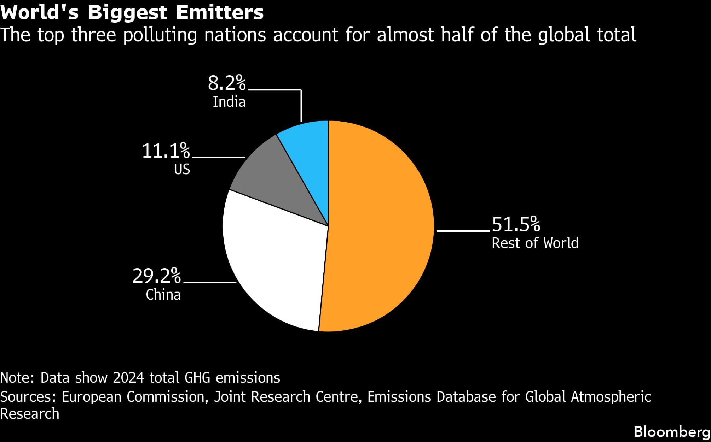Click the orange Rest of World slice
pos(378,226)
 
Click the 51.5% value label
pos(516,224)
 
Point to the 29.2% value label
pos(156,276)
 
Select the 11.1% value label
pos(166,151)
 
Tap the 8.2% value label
pos(226,83)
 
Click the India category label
pos(229,102)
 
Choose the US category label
pos(182,170)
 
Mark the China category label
pos(163,295)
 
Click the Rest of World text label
pos(535,243)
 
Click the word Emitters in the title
pos(219,13)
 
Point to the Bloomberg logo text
pos(672,432)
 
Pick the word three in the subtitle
pos(94,35)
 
